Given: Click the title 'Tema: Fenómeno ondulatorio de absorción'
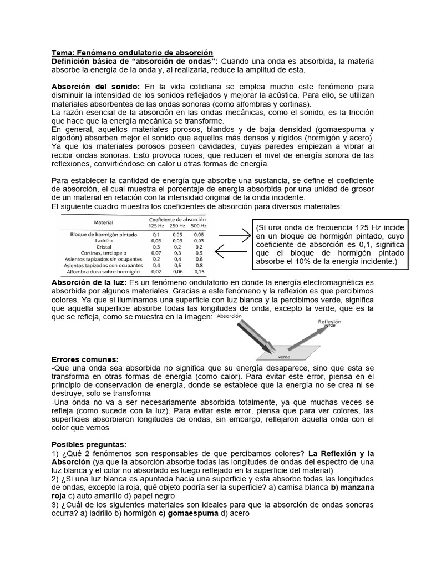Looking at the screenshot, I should point(132,52).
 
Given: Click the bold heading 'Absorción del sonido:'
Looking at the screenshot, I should point(97,87).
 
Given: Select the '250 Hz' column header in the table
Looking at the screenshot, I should point(177,225).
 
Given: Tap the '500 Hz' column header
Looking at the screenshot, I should point(199,225).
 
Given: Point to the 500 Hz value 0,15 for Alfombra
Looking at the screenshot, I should point(199,272).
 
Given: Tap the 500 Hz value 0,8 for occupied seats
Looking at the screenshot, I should point(199,265).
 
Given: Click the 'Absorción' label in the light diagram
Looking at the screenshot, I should point(229,316).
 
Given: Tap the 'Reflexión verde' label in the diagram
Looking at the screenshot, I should point(329,324).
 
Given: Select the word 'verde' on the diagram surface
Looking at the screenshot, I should point(284,358).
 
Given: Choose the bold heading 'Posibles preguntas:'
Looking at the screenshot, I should point(88,445).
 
